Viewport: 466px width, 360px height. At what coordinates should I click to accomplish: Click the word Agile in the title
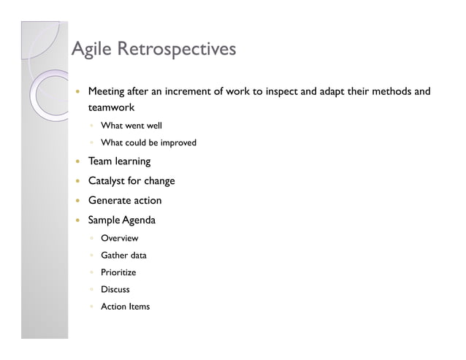(91, 50)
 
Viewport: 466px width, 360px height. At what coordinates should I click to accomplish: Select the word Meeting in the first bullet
(107, 92)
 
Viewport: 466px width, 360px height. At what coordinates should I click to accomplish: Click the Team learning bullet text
(119, 161)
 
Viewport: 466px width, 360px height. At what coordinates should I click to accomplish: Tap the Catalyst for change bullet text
(131, 181)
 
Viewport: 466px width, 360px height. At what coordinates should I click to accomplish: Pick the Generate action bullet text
(125, 201)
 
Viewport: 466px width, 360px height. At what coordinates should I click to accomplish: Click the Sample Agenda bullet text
(122, 220)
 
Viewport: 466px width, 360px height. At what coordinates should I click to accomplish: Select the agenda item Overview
(119, 239)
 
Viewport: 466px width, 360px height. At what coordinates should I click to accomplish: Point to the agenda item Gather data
(123, 256)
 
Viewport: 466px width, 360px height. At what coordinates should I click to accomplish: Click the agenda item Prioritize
(118, 272)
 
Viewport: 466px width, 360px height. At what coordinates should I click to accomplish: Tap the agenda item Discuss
(115, 290)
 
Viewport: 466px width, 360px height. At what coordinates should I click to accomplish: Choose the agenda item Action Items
(125, 307)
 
